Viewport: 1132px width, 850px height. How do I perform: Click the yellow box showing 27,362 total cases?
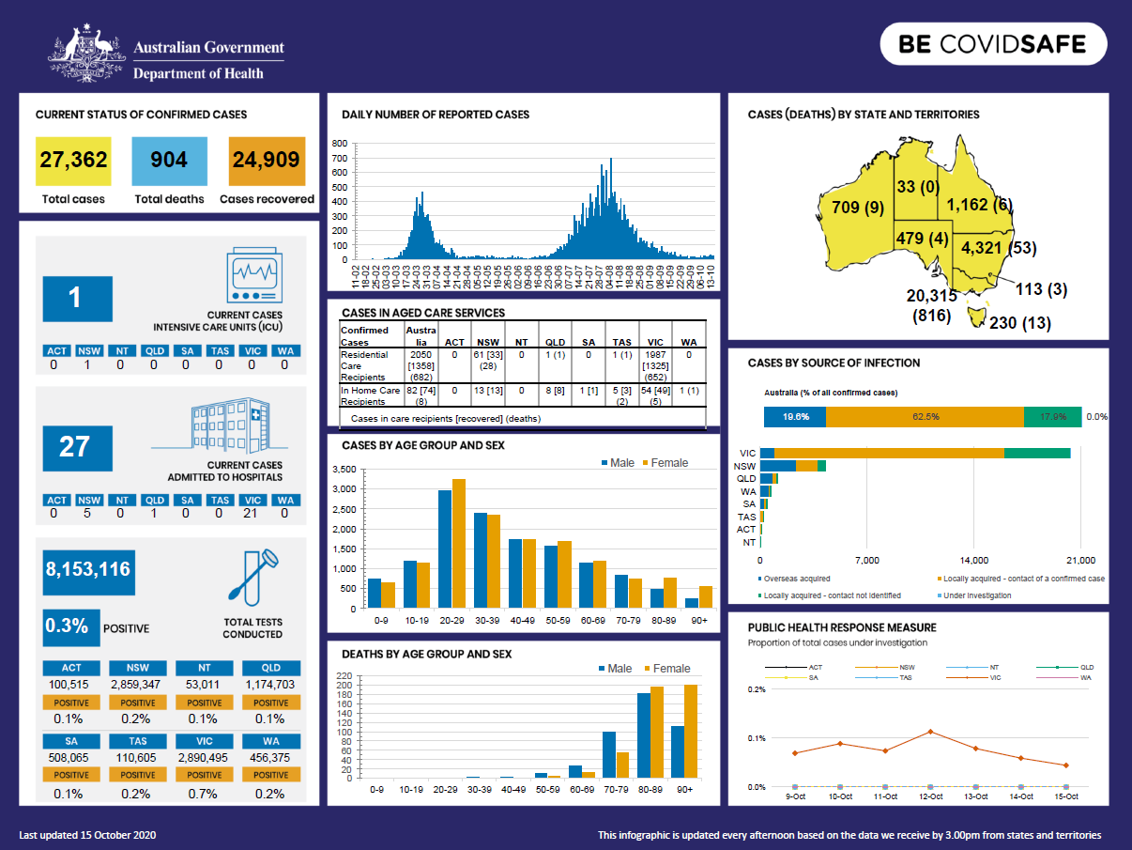73,161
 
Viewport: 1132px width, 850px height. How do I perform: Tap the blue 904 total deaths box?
169,161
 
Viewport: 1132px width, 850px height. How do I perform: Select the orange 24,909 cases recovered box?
267,161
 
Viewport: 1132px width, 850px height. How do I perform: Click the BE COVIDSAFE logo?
992,44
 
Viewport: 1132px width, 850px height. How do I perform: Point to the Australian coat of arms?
86,55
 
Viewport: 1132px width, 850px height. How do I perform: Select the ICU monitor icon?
254,275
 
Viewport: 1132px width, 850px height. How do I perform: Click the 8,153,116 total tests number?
88,570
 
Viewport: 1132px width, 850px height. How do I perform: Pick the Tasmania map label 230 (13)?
1020,323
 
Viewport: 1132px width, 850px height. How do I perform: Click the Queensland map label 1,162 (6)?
979,205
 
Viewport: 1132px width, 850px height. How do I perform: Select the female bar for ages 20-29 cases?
459,544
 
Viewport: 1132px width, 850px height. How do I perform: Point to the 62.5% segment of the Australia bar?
925,416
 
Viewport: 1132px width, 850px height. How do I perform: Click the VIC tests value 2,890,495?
204,756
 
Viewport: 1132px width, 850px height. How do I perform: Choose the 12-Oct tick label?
930,796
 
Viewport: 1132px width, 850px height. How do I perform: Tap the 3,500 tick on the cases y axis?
344,469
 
